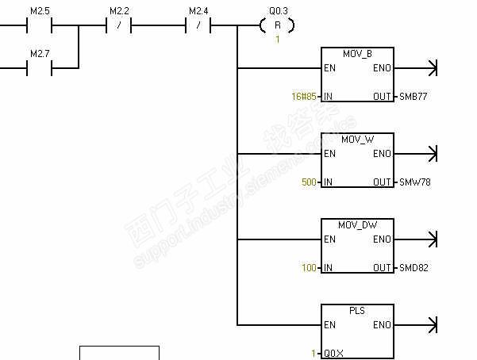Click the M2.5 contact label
pyautogui.click(x=40, y=11)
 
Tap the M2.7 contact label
pyautogui.click(x=40, y=54)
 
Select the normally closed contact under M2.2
pyautogui.click(x=118, y=25)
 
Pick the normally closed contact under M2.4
pyautogui.click(x=198, y=25)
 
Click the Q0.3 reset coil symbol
pyautogui.click(x=277, y=25)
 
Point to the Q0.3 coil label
pyautogui.click(x=278, y=11)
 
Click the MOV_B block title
pyautogui.click(x=357, y=54)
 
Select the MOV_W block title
pyautogui.click(x=357, y=140)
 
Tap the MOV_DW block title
pyautogui.click(x=357, y=225)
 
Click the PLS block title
pyautogui.click(x=357, y=311)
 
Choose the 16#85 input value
pyautogui.click(x=306, y=97)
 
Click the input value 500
pyautogui.click(x=310, y=182)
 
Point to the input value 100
pyautogui.click(x=310, y=268)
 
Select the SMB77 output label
pyautogui.click(x=414, y=97)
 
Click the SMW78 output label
pyautogui.click(x=414, y=182)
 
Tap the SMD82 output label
pyautogui.click(x=414, y=268)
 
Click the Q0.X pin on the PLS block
pyautogui.click(x=333, y=354)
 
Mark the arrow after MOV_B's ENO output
pyautogui.click(x=432, y=68)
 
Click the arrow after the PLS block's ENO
pyautogui.click(x=432, y=325)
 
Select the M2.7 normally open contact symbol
pyautogui.click(x=40, y=68)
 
